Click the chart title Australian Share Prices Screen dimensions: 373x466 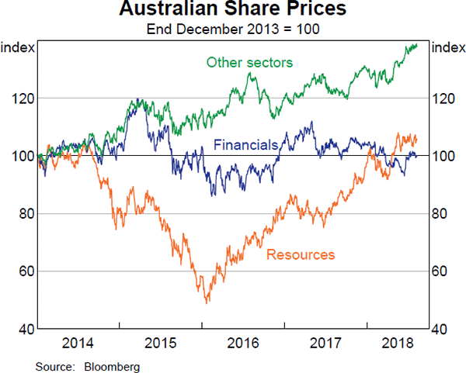[233, 12]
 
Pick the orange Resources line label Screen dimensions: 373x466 [301, 254]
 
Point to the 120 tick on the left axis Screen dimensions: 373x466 [22, 98]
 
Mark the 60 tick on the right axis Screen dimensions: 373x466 [441, 271]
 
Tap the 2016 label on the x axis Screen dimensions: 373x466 [242, 342]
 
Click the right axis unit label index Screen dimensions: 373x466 [447, 48]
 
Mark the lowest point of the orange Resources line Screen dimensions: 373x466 [207, 302]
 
